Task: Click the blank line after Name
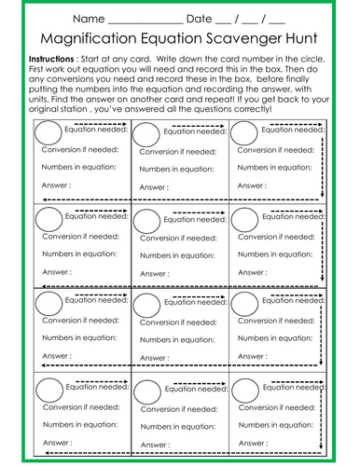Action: pos(145,22)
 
